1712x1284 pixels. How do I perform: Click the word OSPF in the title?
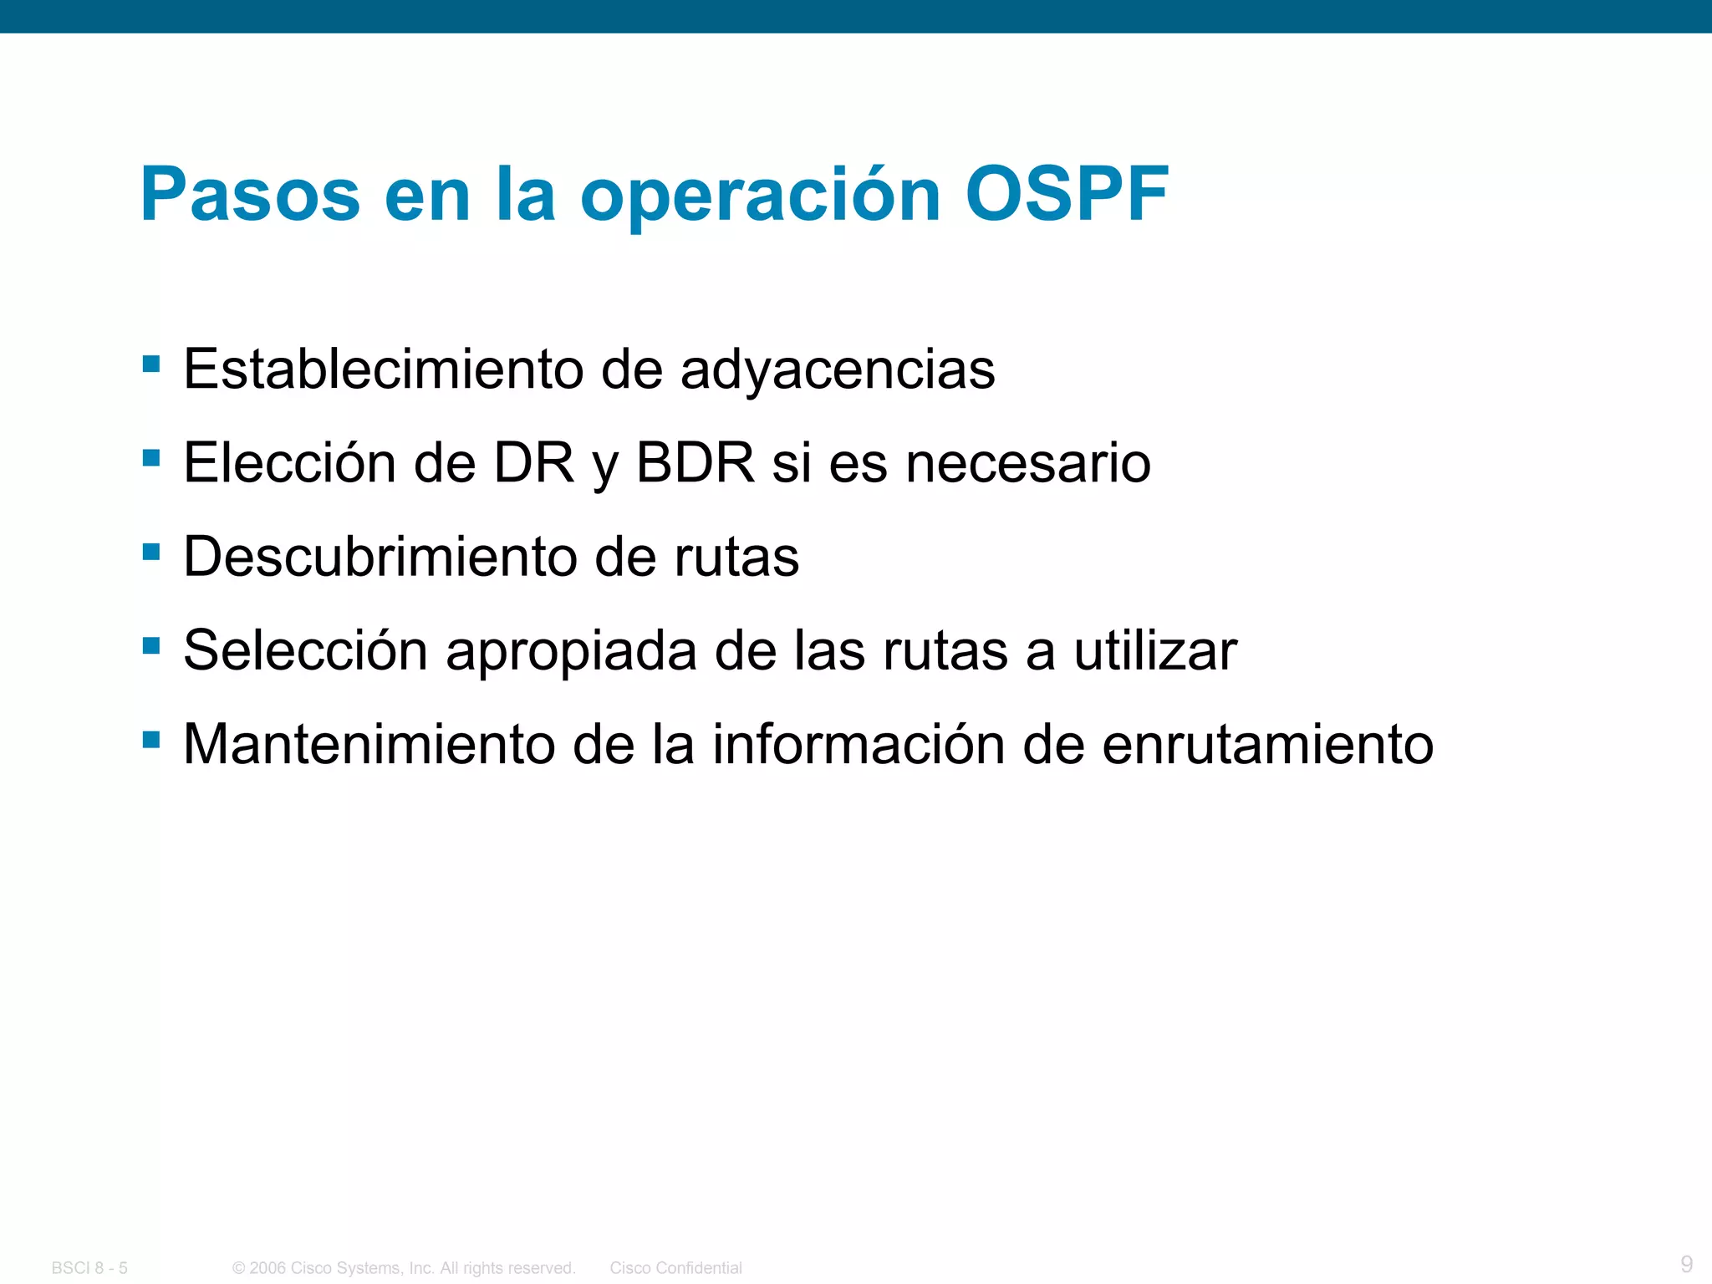point(1067,194)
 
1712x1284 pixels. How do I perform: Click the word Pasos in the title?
point(250,194)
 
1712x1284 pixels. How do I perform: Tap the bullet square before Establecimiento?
point(151,364)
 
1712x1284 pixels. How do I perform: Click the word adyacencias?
point(838,369)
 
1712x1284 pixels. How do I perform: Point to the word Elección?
point(289,462)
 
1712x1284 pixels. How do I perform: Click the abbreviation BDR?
point(695,462)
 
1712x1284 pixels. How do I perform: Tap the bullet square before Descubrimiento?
point(151,552)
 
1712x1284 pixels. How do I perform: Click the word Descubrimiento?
point(380,557)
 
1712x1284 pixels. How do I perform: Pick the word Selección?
point(305,650)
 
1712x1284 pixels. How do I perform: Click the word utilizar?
point(1155,650)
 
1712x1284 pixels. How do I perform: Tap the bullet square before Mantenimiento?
point(151,739)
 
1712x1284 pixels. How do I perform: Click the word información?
point(859,744)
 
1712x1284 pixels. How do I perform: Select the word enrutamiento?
point(1267,744)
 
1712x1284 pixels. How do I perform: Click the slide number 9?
point(1686,1263)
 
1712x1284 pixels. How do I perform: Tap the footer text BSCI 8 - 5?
point(89,1268)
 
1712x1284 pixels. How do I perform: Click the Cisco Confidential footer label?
point(675,1268)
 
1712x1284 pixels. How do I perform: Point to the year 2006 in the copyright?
point(267,1268)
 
